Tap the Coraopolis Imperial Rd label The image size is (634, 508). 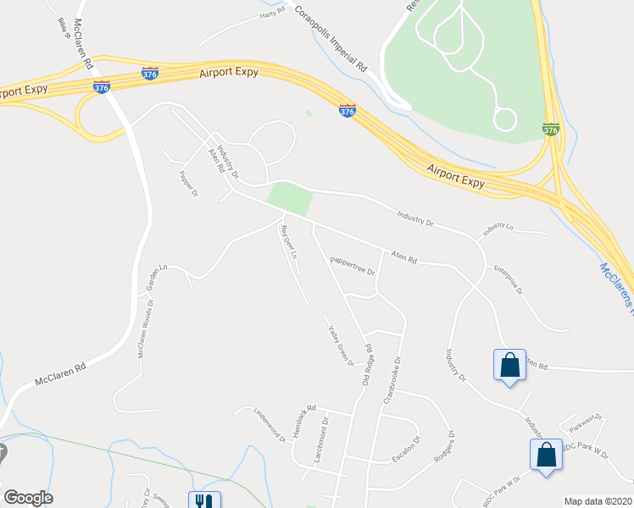coord(331,41)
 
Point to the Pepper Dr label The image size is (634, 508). coord(188,184)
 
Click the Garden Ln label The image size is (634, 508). coord(156,277)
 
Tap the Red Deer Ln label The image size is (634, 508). coord(289,241)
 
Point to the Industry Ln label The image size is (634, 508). coord(498,229)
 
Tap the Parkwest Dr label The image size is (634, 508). coord(585,422)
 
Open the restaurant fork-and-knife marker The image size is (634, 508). coord(204,500)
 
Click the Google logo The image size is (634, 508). coord(28,498)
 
